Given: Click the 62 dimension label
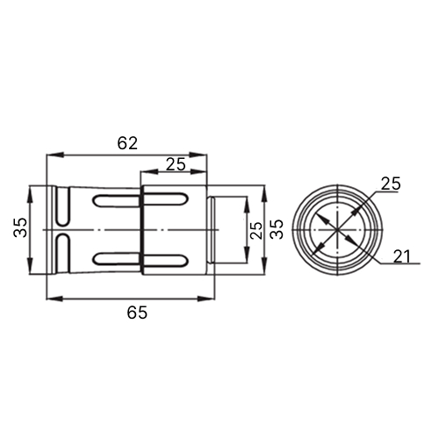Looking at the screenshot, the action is (127, 143).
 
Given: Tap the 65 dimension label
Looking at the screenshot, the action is (137, 313).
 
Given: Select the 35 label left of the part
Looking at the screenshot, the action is (20, 227).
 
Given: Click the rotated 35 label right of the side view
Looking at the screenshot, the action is (277, 229).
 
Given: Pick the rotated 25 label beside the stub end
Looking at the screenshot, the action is (255, 230).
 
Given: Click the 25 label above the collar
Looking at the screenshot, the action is (176, 164).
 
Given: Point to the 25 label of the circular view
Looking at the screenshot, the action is (391, 184).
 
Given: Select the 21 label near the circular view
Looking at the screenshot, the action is (402, 256).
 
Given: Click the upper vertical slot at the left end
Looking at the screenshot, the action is (62, 206).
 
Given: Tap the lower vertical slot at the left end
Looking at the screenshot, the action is (62, 254).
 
